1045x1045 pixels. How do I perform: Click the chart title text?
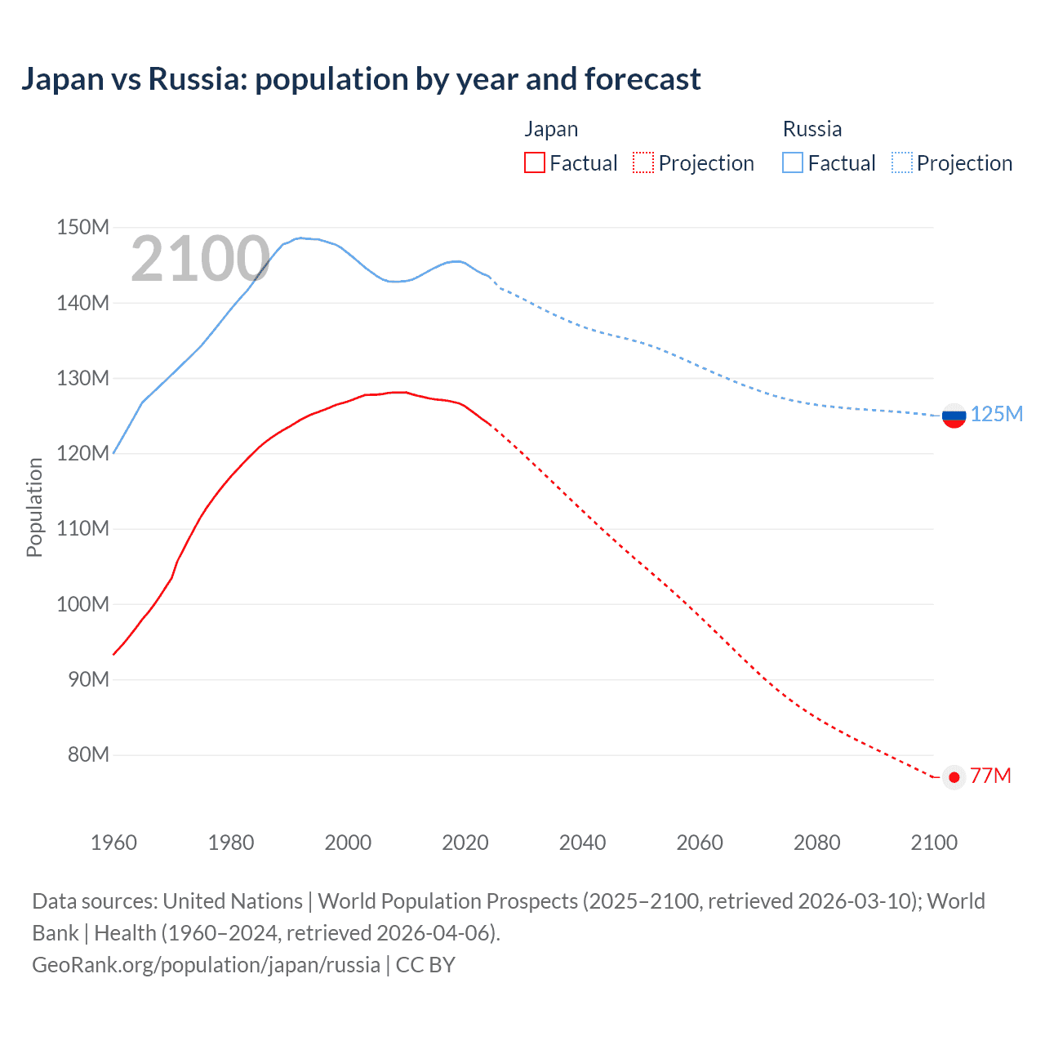pyautogui.click(x=360, y=79)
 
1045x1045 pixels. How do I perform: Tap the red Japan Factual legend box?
pyautogui.click(x=534, y=162)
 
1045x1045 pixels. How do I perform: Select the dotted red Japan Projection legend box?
pyautogui.click(x=643, y=162)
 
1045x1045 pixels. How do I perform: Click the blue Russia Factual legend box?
pyautogui.click(x=792, y=162)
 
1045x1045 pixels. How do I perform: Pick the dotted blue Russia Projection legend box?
pyautogui.click(x=901, y=162)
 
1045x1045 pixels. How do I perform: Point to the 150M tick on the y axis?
pyautogui.click(x=82, y=227)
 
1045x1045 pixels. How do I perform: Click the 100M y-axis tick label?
pyautogui.click(x=82, y=604)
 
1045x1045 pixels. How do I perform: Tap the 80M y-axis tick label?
pyautogui.click(x=88, y=754)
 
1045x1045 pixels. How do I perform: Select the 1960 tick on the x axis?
pyautogui.click(x=113, y=843)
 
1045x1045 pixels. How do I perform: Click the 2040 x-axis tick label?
pyautogui.click(x=582, y=843)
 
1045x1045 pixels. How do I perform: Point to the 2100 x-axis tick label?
pyautogui.click(x=933, y=843)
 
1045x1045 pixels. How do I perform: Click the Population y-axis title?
pyautogui.click(x=34, y=507)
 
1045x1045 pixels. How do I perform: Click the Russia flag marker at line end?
pyautogui.click(x=954, y=415)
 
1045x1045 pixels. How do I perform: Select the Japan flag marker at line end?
pyautogui.click(x=954, y=777)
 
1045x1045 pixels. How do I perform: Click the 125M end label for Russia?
pyautogui.click(x=996, y=414)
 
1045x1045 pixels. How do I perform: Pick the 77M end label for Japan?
pyautogui.click(x=990, y=776)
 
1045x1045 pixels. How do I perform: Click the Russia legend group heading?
pyautogui.click(x=812, y=129)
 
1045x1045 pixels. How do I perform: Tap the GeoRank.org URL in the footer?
pyautogui.click(x=206, y=965)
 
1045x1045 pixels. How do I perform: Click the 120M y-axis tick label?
pyautogui.click(x=82, y=453)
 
